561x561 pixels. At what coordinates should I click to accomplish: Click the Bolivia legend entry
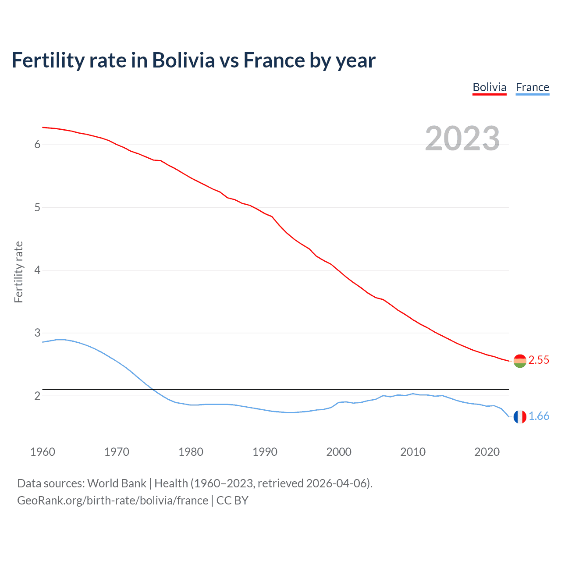tap(489, 87)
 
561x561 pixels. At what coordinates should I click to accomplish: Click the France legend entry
tap(532, 87)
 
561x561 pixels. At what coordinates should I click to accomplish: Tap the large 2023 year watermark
tap(462, 138)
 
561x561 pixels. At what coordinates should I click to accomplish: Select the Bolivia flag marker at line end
tap(520, 361)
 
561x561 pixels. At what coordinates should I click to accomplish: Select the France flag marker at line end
tap(520, 417)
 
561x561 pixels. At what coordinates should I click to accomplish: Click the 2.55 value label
tap(539, 360)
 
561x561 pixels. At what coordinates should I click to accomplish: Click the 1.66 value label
tap(539, 416)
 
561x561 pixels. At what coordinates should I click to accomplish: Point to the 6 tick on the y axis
tap(37, 145)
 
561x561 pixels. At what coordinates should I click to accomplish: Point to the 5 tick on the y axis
tap(37, 207)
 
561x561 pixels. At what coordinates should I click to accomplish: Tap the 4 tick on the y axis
tap(37, 270)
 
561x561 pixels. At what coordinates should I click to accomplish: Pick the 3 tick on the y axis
tap(37, 333)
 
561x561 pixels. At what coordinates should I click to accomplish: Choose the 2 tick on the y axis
tap(37, 396)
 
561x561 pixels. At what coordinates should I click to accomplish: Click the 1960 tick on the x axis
tap(43, 452)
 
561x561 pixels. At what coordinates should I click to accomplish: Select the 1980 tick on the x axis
tap(191, 452)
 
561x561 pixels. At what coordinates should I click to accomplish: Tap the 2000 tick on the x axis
tap(339, 452)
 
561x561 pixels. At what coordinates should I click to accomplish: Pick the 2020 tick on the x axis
tap(487, 452)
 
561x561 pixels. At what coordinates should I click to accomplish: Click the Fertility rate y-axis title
tap(18, 272)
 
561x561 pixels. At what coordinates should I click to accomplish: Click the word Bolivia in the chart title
tap(183, 60)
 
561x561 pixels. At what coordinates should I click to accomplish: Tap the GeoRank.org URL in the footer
tap(113, 501)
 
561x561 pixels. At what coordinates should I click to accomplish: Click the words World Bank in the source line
tap(117, 483)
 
